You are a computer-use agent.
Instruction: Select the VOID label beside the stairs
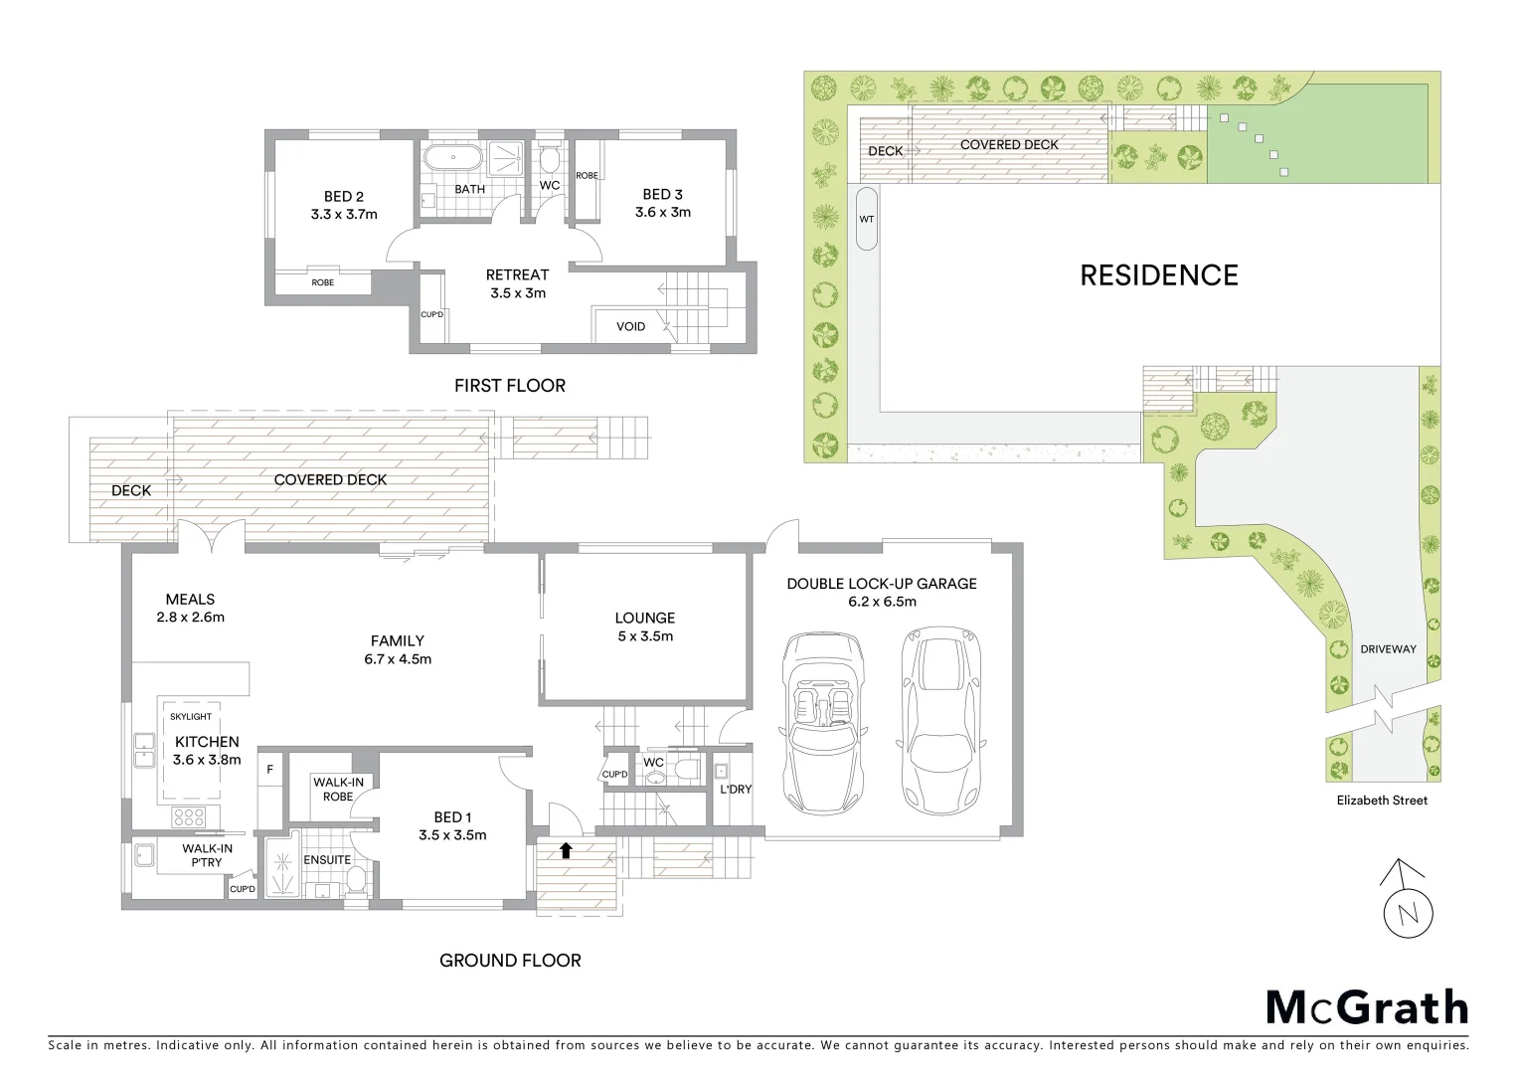pos(630,326)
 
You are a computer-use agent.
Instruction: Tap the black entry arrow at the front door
pos(566,850)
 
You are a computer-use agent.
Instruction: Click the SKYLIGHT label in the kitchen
pos(190,716)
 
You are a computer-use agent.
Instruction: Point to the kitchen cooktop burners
pos(189,817)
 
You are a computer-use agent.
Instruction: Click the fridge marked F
pos(269,769)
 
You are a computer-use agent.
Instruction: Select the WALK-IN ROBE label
pos(339,790)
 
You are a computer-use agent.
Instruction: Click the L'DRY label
pos(735,790)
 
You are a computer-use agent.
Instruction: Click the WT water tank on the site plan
pos(866,219)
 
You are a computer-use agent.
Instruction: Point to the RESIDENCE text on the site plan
pos(1159,275)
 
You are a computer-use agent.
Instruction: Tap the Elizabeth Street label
pos(1382,801)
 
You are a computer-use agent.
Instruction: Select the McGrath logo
pos(1367,1007)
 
